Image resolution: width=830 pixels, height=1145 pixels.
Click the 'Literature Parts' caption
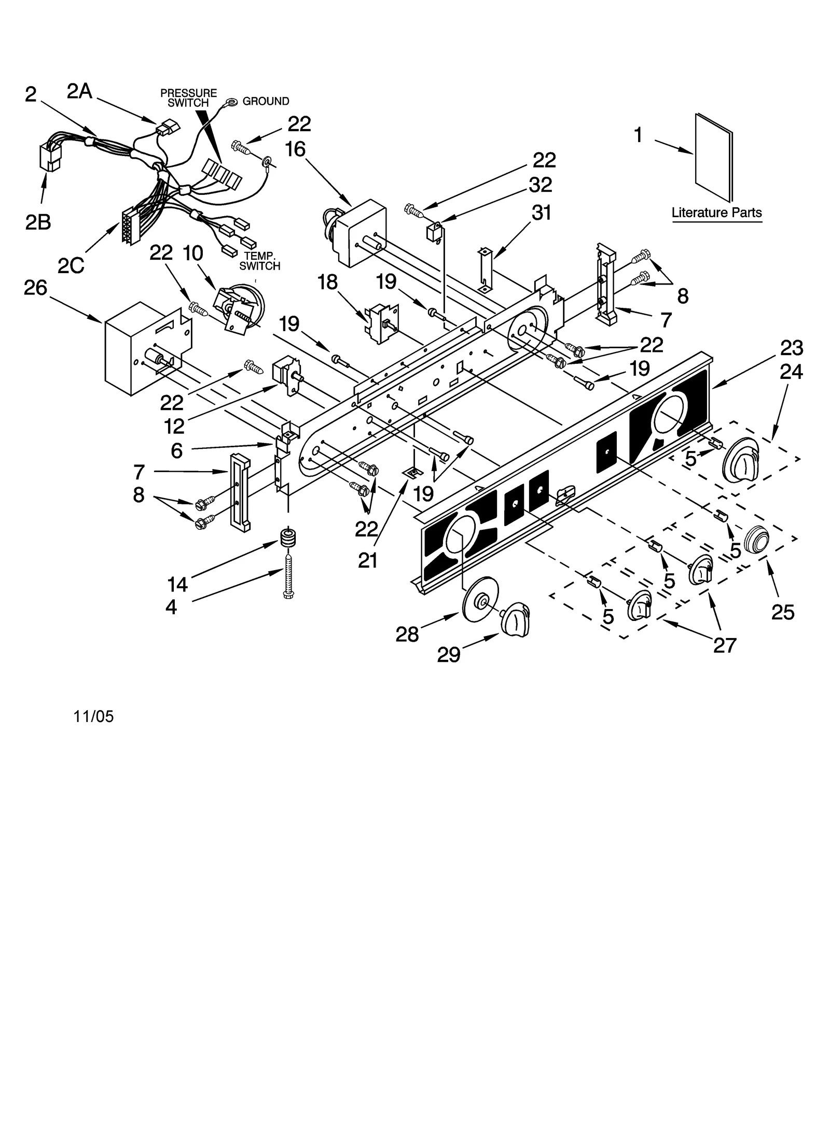coord(716,213)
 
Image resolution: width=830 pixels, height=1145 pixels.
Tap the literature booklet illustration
coord(714,158)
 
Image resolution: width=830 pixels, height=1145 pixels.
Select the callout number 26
coord(35,288)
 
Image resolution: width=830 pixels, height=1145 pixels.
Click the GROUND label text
coord(266,102)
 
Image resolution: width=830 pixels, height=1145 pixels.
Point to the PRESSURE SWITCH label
coord(188,98)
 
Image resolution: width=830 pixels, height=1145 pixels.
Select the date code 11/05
coord(94,716)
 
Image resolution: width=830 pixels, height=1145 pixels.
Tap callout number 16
coord(295,150)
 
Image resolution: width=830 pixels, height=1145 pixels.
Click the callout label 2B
coord(38,222)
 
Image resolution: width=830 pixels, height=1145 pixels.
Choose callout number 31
coord(542,213)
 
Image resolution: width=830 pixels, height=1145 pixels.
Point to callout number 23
coord(792,348)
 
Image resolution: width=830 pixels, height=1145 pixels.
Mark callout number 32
coord(541,185)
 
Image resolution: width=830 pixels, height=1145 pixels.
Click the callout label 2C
coord(71,265)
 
